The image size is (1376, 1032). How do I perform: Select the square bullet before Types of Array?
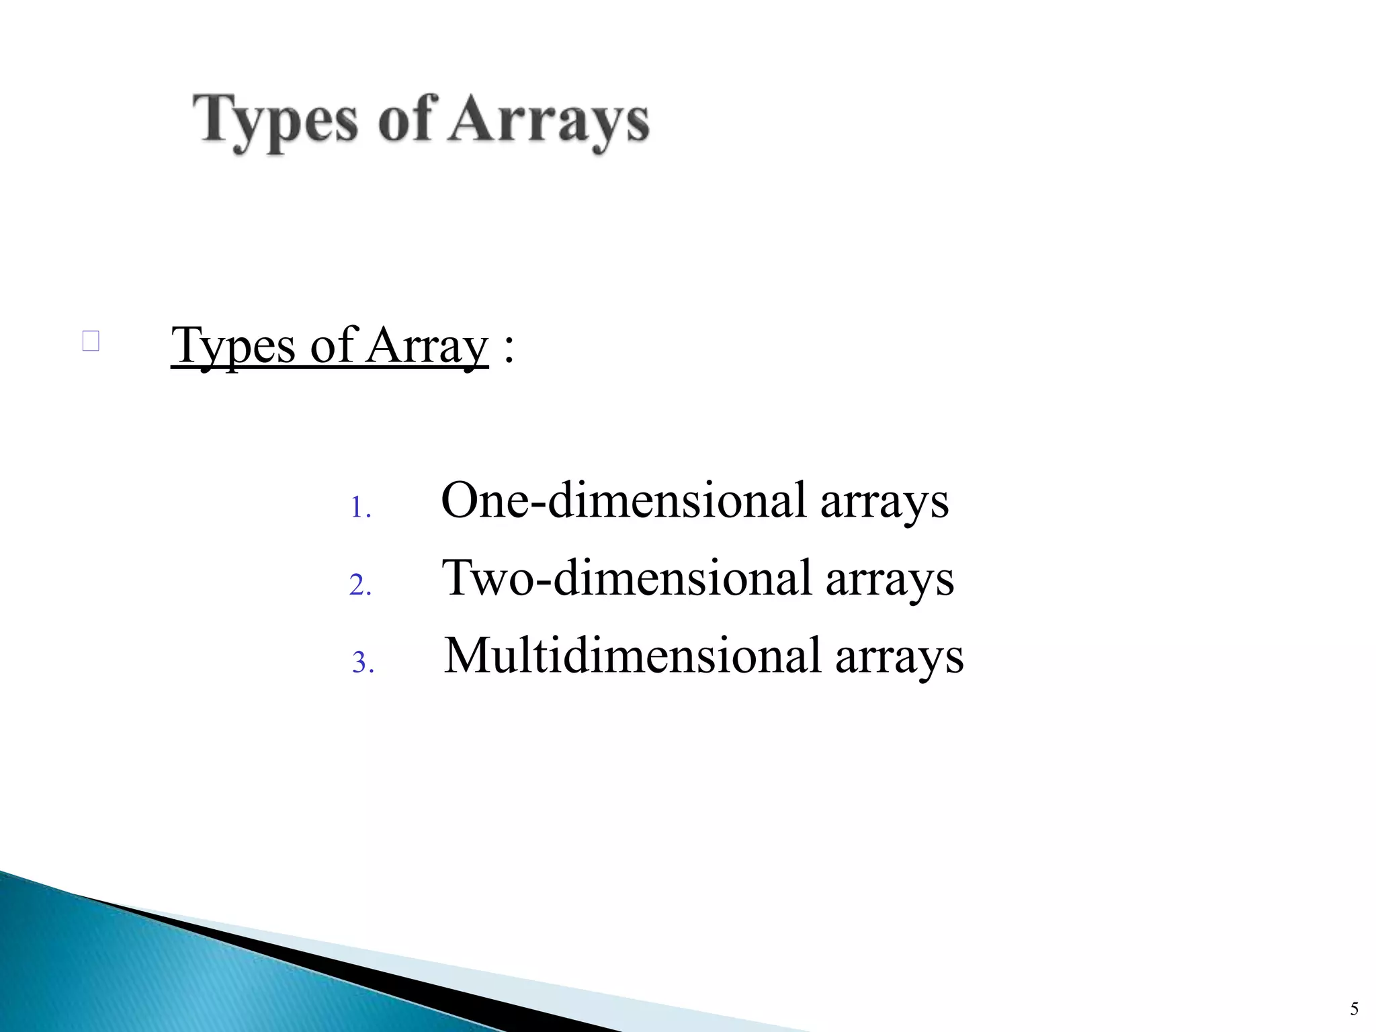pyautogui.click(x=91, y=341)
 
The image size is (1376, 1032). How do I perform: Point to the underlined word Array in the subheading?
pyautogui.click(x=427, y=347)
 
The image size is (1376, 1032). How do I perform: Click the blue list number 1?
pyautogui.click(x=360, y=508)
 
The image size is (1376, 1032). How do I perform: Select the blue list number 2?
pyautogui.click(x=360, y=586)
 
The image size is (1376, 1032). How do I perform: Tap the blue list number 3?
pyautogui.click(x=362, y=664)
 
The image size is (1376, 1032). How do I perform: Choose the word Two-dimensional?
pyautogui.click(x=626, y=578)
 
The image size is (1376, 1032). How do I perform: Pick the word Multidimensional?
pyautogui.click(x=632, y=656)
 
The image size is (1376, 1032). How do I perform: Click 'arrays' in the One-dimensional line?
pyautogui.click(x=884, y=503)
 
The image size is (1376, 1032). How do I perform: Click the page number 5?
pyautogui.click(x=1354, y=1008)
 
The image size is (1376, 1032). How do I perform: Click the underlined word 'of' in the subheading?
pyautogui.click(x=332, y=345)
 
